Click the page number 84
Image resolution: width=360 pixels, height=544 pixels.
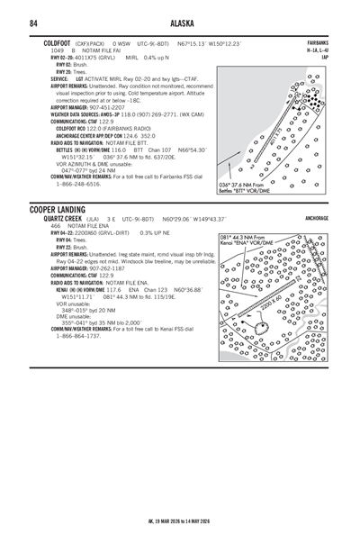point(33,23)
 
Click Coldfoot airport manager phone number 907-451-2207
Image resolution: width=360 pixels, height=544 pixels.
point(112,108)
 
